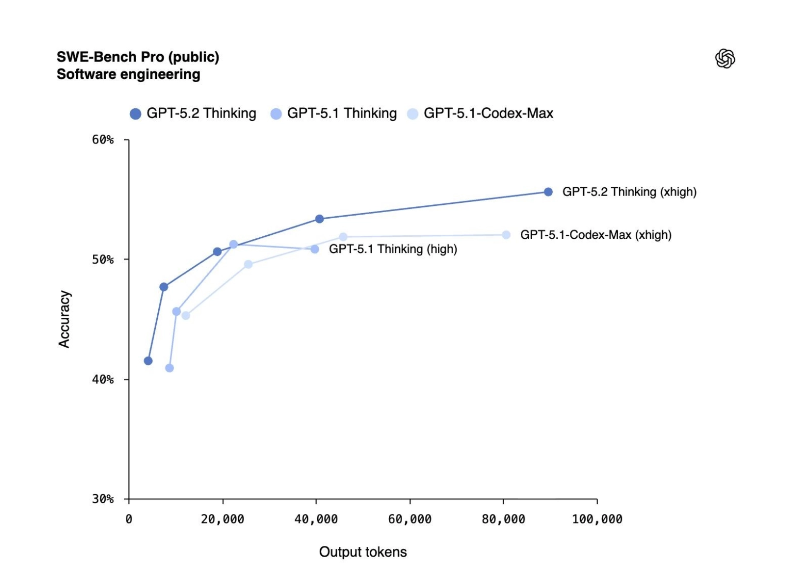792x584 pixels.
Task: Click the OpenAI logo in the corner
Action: click(x=725, y=58)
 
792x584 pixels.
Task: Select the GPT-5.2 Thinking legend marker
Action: click(x=136, y=114)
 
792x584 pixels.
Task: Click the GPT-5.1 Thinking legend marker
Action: click(x=276, y=114)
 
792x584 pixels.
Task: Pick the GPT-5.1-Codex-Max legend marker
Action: click(x=412, y=114)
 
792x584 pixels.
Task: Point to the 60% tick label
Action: click(x=103, y=140)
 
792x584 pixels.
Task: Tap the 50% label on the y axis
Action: click(x=103, y=259)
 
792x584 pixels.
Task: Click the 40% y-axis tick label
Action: click(x=103, y=380)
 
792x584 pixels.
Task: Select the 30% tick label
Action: click(x=103, y=499)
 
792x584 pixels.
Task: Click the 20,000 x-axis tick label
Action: click(x=222, y=520)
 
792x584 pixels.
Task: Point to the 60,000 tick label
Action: click(x=410, y=520)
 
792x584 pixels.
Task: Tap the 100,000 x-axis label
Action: click(x=597, y=520)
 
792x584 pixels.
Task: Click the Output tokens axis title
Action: click(x=363, y=552)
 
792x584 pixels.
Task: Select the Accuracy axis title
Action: click(x=64, y=319)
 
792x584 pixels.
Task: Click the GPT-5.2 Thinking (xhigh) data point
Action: click(x=548, y=192)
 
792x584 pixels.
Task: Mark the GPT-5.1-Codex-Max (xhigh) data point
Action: click(x=506, y=235)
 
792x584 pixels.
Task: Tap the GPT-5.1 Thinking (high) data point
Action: click(x=315, y=249)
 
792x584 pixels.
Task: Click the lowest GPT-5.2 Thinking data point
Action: click(x=148, y=361)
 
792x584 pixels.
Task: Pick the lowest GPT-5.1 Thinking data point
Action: click(x=169, y=368)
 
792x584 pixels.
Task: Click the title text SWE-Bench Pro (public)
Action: click(x=138, y=57)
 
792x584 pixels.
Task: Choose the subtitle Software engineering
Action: click(x=128, y=75)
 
